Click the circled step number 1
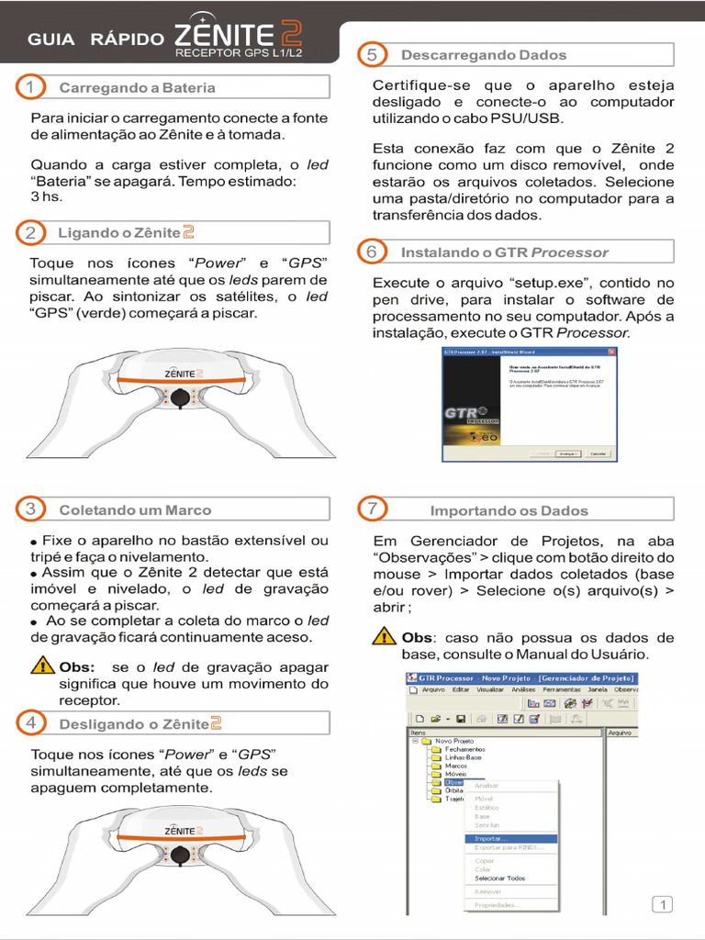point(30,87)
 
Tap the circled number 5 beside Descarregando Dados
point(372,54)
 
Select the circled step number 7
point(372,509)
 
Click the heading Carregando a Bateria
point(137,88)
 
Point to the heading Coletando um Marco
point(135,509)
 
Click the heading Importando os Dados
point(509,510)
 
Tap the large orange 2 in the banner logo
point(291,35)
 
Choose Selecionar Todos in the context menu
point(500,878)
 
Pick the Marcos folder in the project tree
point(455,766)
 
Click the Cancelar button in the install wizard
point(598,453)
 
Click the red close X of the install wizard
point(612,352)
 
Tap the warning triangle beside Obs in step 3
point(42,666)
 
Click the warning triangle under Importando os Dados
point(385,637)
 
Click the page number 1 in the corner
point(663,905)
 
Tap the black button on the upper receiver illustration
point(181,397)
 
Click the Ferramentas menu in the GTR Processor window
point(561,689)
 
